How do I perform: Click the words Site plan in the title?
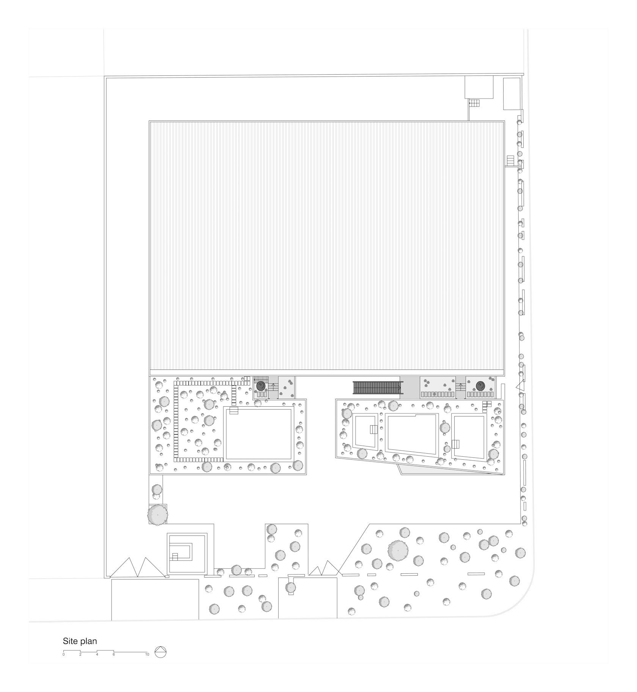[80, 641]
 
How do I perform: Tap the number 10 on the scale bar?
[147, 654]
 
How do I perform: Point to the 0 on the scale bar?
[64, 654]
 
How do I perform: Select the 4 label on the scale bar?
[97, 654]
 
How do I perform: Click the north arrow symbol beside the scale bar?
[160, 651]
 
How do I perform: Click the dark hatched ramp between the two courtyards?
[377, 388]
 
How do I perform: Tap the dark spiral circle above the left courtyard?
[260, 386]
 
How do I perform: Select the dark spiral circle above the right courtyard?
[480, 386]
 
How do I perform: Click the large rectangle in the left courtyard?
[259, 434]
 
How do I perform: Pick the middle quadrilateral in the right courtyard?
[412, 434]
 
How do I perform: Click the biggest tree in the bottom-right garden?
[398, 550]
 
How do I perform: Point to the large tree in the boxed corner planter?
[157, 514]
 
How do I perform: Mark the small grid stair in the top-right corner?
[474, 103]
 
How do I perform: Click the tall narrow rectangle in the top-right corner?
[511, 94]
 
